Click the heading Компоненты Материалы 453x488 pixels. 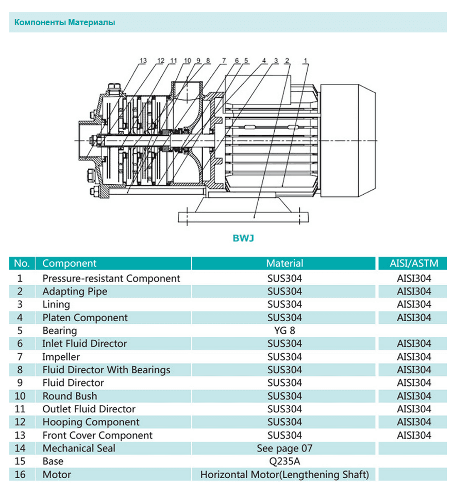(x=64, y=23)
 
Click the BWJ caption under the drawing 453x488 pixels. (x=243, y=238)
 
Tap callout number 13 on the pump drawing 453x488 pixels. (x=143, y=61)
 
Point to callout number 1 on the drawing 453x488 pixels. (x=306, y=61)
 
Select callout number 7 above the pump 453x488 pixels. (x=224, y=61)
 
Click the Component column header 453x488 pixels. (x=70, y=264)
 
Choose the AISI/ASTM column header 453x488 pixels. (x=414, y=264)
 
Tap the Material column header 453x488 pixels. (x=284, y=264)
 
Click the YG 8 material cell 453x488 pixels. (x=284, y=330)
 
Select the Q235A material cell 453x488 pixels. (x=284, y=461)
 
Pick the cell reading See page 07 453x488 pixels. (x=284, y=448)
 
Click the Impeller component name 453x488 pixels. (x=61, y=357)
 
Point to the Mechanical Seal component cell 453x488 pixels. (x=79, y=448)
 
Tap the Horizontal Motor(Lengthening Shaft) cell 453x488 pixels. (x=284, y=475)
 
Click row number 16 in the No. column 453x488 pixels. (x=20, y=475)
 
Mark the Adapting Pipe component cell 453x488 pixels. (x=75, y=291)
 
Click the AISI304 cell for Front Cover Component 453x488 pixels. (x=414, y=435)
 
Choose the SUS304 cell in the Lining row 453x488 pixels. (x=284, y=305)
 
